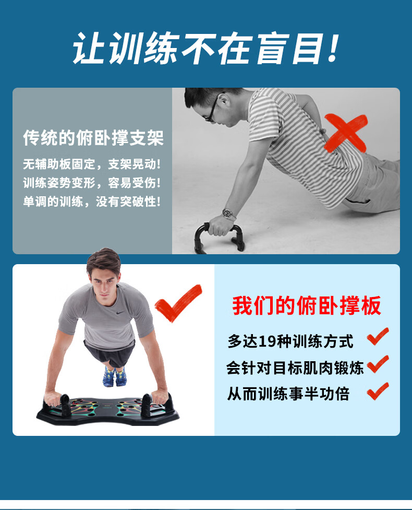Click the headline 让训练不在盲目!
click(206, 49)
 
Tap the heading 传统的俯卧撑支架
click(93, 138)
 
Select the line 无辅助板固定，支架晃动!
click(92, 164)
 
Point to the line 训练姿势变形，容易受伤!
click(92, 183)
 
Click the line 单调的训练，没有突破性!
click(92, 201)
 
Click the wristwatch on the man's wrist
click(228, 214)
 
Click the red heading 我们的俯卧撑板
click(307, 306)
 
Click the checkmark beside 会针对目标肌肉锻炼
click(378, 364)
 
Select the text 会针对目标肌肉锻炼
click(295, 368)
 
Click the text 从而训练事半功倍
click(288, 394)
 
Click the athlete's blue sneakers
click(114, 376)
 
